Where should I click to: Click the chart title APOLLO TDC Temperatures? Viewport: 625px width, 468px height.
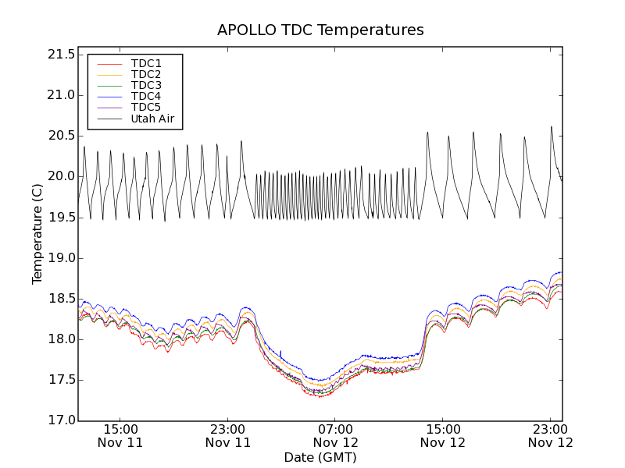tap(320, 30)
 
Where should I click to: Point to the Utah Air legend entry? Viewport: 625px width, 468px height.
tap(152, 119)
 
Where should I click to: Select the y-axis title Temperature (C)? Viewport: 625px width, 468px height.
tap(37, 234)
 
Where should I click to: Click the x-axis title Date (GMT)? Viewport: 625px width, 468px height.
tap(320, 457)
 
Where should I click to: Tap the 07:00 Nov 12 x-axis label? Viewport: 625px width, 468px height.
tap(336, 435)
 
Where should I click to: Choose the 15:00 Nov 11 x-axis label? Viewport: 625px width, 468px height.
tap(120, 435)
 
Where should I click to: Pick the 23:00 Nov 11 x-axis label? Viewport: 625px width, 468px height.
tap(228, 435)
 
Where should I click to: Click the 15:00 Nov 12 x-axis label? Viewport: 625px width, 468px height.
tap(443, 435)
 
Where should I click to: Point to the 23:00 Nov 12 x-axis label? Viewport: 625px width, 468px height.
tap(551, 435)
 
